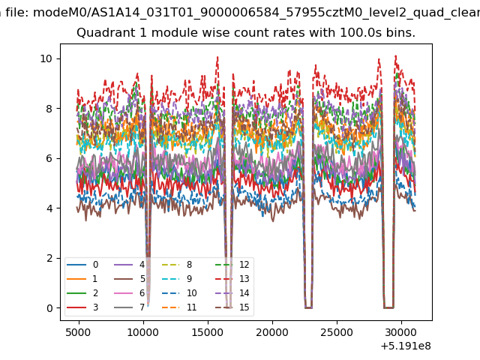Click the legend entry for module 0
click(82, 265)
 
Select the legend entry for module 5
click(130, 279)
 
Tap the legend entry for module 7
click(130, 307)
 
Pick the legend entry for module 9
click(177, 279)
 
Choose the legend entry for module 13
click(232, 279)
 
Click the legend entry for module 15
click(232, 307)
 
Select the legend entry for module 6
click(130, 293)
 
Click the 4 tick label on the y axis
click(49, 208)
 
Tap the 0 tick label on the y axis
click(49, 308)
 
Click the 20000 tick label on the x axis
click(272, 332)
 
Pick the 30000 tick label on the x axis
click(401, 332)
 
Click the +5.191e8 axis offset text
click(406, 346)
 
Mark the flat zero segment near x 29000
click(388, 307)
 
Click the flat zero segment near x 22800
click(308, 307)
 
